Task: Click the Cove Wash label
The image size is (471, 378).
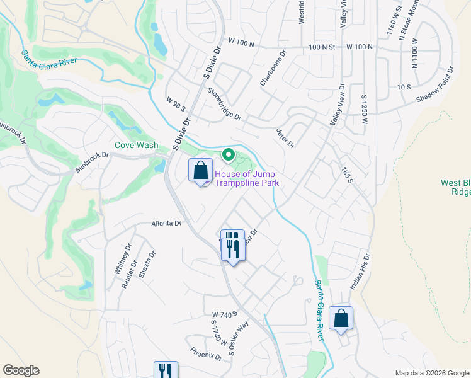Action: (x=136, y=145)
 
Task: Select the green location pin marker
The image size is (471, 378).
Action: (x=228, y=154)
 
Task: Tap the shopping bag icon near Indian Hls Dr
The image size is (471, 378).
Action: (x=341, y=319)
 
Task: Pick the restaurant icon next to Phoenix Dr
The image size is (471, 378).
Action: (x=166, y=370)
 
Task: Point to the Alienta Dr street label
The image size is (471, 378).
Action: (x=166, y=223)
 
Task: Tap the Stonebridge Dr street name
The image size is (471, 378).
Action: (x=224, y=103)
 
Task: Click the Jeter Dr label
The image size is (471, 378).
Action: (x=285, y=138)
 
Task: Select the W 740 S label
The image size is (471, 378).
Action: (x=224, y=314)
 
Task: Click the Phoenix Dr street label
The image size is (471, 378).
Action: (x=206, y=353)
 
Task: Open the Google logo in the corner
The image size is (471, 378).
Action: (x=21, y=370)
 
